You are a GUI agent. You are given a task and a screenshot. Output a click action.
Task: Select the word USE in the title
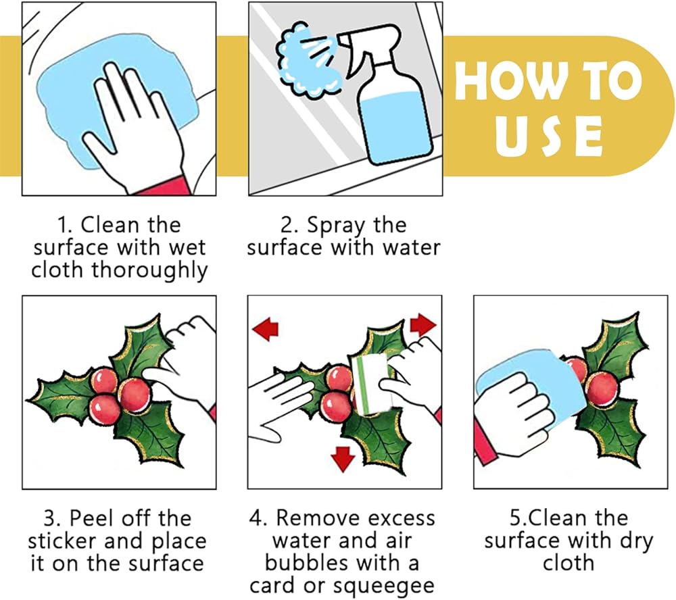pyautogui.click(x=548, y=136)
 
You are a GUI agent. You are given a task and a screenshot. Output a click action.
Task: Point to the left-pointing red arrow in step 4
pyautogui.click(x=265, y=328)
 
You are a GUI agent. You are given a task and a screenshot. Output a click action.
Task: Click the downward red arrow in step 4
pyautogui.click(x=343, y=459)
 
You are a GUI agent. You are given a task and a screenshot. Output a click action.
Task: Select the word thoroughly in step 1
pyautogui.click(x=149, y=271)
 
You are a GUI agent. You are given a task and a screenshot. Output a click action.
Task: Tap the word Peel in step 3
pyautogui.click(x=93, y=518)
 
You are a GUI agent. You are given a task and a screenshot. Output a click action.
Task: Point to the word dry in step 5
pyautogui.click(x=636, y=542)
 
